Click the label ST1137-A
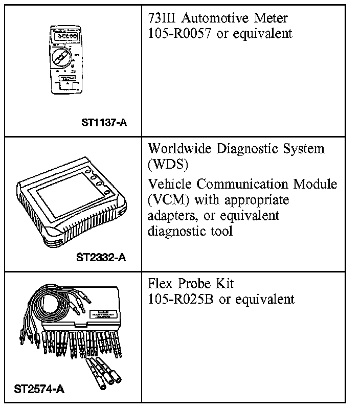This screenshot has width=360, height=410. pyautogui.click(x=104, y=123)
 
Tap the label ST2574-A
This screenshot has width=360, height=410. pyautogui.click(x=39, y=390)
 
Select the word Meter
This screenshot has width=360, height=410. pyautogui.click(x=269, y=19)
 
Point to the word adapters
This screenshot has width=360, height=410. pyautogui.click(x=171, y=216)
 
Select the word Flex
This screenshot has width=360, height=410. pyautogui.click(x=161, y=283)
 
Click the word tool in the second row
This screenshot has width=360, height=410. pyautogui.click(x=221, y=231)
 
